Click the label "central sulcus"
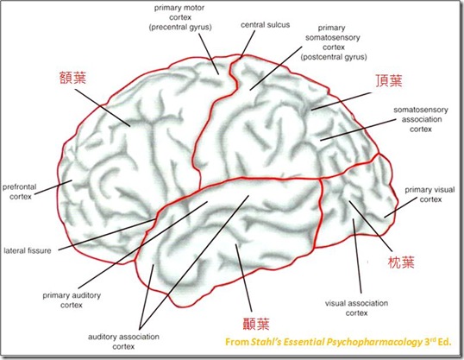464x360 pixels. coord(265,25)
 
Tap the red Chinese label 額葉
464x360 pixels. coord(72,78)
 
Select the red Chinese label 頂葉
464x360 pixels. coord(389,80)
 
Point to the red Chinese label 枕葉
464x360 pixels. coord(401,262)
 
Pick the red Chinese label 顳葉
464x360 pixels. coord(256,324)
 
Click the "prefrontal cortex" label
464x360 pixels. coord(20,192)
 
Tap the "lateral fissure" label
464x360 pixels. coord(28,250)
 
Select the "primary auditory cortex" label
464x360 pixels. coord(72,300)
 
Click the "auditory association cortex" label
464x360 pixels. coord(123,341)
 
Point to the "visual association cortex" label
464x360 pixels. coord(356,308)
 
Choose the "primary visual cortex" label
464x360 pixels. coord(430,194)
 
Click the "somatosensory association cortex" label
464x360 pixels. coord(421,119)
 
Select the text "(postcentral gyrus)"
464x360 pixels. coord(334,57)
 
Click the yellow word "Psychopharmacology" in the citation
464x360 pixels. coord(374,342)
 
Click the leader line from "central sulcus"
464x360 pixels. coord(248,44)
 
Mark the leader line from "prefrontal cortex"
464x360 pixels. coord(53,187)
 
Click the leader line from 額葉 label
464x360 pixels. coord(103,108)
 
